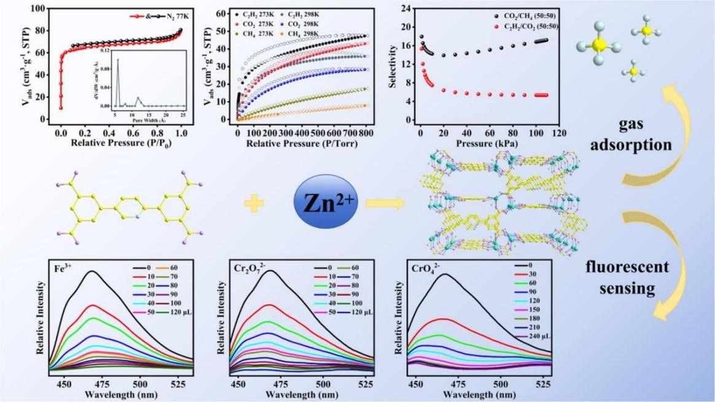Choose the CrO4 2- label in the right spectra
click(424, 268)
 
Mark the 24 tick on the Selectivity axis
click(405, 8)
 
